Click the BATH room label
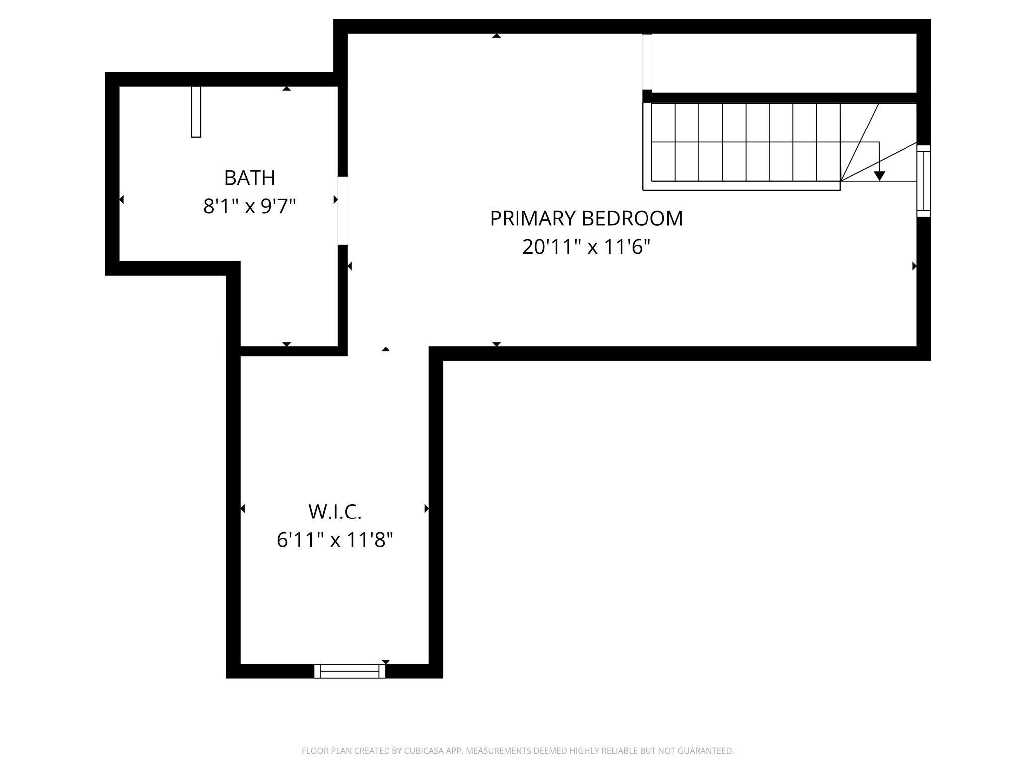(249, 178)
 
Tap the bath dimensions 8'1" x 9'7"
(249, 206)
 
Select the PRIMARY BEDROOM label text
(586, 219)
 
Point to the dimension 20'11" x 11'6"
(586, 247)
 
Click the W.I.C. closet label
(335, 512)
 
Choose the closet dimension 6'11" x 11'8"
(335, 540)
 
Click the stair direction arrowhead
(879, 176)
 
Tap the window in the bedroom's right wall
(924, 181)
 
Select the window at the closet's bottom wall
(350, 671)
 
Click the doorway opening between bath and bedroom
(343, 210)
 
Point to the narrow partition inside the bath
(196, 112)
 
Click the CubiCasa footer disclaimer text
(518, 751)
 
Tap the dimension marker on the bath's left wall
(121, 200)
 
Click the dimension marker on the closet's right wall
(426, 508)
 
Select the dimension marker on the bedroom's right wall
(914, 266)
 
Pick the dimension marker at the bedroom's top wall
(496, 36)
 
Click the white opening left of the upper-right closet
(647, 62)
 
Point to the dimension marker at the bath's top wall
(286, 89)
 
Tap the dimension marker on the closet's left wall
(243, 508)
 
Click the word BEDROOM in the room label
(632, 219)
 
